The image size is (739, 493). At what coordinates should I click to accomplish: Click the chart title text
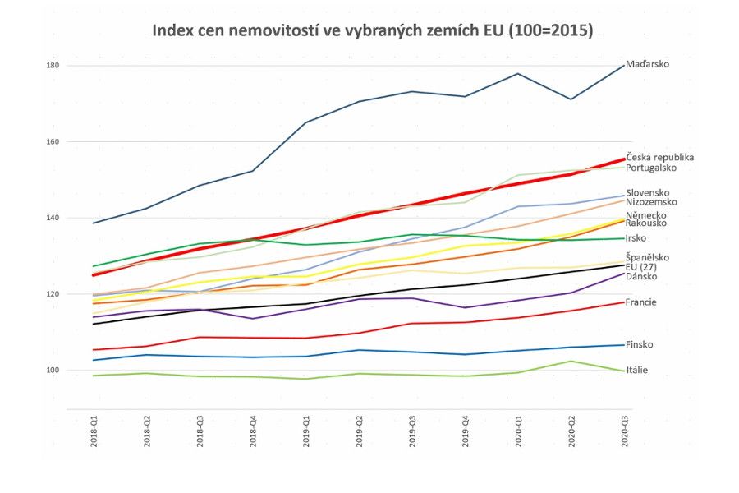pyautogui.click(x=372, y=30)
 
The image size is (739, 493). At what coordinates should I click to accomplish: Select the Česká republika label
pyautogui.click(x=660, y=157)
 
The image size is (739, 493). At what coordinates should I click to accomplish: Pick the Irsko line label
pyautogui.click(x=636, y=238)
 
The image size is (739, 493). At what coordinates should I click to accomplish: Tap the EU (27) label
pyautogui.click(x=641, y=267)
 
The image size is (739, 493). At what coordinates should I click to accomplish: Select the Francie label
pyautogui.click(x=640, y=302)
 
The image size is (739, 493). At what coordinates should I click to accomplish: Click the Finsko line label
pyautogui.click(x=640, y=345)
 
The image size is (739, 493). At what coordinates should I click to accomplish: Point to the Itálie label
pyautogui.click(x=637, y=371)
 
